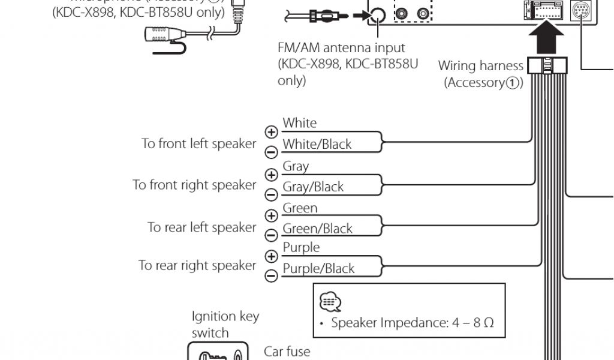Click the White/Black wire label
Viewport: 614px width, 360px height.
[317, 144]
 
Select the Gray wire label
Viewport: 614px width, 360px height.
[296, 166]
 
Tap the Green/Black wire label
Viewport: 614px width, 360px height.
[317, 229]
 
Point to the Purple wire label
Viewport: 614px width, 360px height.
[301, 247]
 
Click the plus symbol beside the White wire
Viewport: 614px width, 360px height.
[272, 132]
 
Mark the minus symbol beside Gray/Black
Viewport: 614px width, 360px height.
[272, 194]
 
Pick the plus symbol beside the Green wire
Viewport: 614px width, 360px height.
[272, 215]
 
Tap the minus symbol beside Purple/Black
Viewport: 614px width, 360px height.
[272, 275]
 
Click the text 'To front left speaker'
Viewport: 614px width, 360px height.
[198, 144]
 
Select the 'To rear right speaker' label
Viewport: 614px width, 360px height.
[197, 265]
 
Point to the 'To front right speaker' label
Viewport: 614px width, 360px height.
[194, 185]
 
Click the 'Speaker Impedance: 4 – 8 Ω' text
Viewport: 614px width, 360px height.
[413, 323]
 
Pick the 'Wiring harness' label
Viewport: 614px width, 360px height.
[481, 65]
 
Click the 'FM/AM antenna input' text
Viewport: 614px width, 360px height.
[341, 47]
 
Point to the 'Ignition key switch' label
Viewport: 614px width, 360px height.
[225, 324]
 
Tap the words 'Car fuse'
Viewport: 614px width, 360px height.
[287, 350]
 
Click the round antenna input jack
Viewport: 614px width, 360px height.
[377, 16]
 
